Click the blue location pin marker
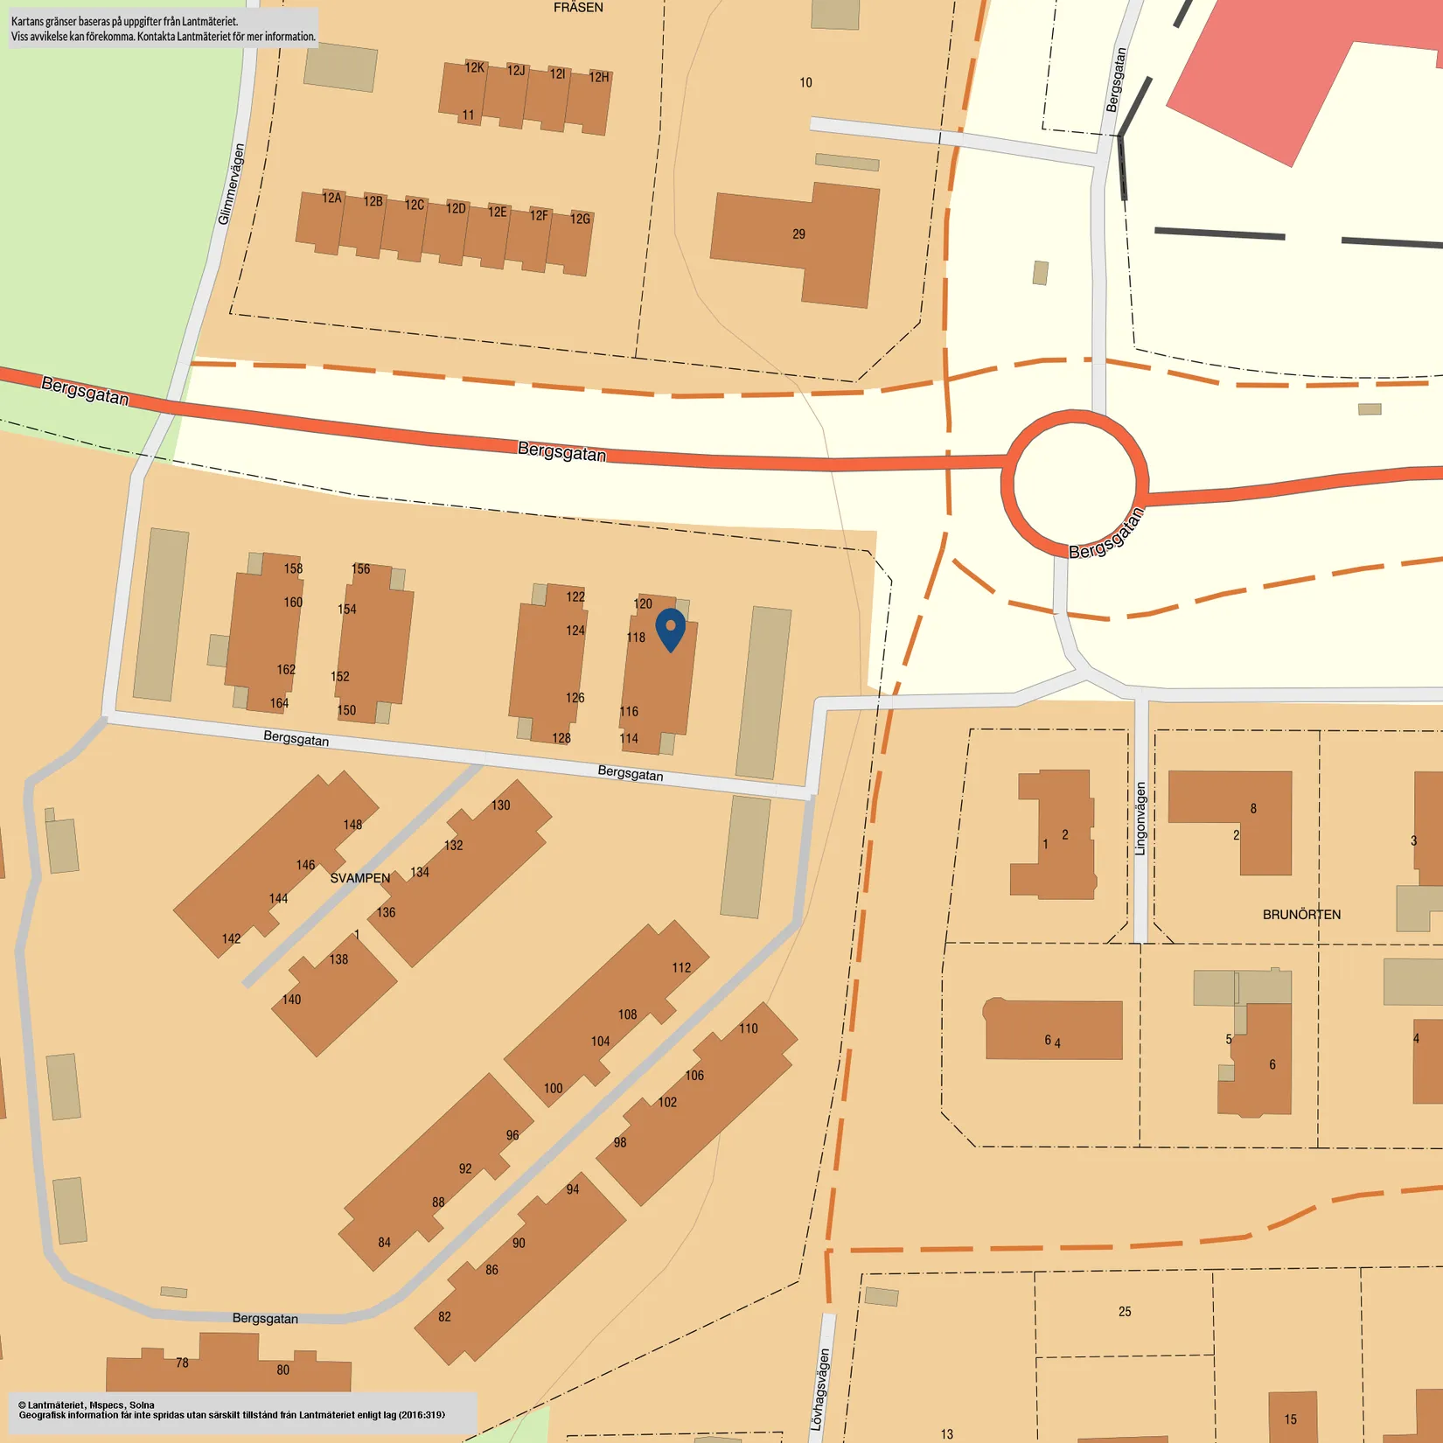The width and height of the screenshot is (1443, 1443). (670, 629)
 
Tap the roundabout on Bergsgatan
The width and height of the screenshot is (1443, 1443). (1074, 483)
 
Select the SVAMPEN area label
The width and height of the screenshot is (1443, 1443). (359, 878)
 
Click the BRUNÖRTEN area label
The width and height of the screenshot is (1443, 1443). (1300, 915)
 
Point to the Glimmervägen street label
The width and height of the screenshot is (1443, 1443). (231, 185)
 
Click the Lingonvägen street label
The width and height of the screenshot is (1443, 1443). (1140, 819)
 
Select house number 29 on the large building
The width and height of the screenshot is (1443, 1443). (798, 234)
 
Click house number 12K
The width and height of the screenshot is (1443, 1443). (474, 67)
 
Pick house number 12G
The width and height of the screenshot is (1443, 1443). (580, 219)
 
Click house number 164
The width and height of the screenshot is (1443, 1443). (279, 703)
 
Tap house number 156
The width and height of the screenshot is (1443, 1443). (360, 569)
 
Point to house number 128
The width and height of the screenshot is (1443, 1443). (561, 738)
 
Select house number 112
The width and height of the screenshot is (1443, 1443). (681, 967)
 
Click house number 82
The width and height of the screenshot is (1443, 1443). (444, 1317)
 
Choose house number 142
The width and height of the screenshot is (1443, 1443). (231, 938)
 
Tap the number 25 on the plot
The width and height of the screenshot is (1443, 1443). (1125, 1312)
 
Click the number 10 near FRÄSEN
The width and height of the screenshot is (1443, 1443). (805, 83)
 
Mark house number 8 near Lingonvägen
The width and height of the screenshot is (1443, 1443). (1253, 809)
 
